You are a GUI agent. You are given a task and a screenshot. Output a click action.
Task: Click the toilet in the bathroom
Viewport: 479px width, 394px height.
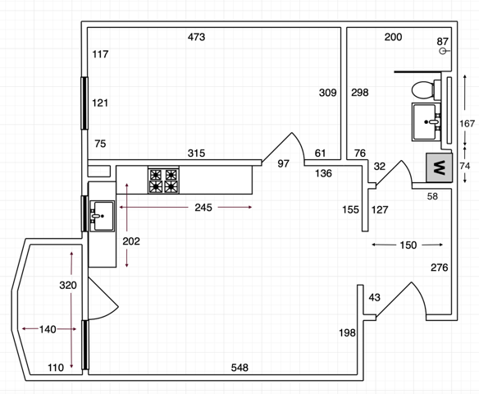(x=426, y=89)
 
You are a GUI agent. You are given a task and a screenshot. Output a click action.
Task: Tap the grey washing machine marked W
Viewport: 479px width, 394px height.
(x=440, y=167)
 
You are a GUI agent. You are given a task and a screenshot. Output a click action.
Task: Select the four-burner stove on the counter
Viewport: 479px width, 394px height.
(x=163, y=180)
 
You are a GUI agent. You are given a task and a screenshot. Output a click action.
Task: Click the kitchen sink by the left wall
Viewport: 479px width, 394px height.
(x=102, y=216)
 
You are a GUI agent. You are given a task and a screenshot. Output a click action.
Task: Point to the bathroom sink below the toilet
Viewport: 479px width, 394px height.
(x=427, y=121)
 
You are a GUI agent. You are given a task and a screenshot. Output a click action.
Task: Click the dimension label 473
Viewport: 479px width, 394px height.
(x=196, y=37)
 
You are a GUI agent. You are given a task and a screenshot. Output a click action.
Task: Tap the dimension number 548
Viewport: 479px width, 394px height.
(x=239, y=368)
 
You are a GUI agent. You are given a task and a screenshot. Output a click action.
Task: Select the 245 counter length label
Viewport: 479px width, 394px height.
(x=203, y=208)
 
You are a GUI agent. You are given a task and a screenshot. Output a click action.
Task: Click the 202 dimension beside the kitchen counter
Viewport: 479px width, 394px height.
(x=131, y=241)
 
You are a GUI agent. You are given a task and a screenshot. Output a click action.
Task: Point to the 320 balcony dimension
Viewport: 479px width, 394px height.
(x=68, y=285)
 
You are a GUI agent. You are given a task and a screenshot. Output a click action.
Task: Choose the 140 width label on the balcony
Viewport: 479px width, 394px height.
(x=48, y=329)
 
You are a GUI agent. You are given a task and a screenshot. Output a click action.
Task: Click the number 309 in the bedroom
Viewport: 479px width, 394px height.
(x=328, y=93)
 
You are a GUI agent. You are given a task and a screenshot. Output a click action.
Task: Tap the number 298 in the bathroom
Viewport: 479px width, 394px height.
(x=360, y=92)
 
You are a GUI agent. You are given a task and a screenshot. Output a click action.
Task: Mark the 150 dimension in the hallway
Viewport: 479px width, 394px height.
(x=408, y=245)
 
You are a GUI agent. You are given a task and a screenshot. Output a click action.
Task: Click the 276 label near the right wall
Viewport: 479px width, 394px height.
(x=440, y=268)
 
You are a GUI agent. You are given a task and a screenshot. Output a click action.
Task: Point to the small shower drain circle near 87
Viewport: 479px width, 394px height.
(x=442, y=51)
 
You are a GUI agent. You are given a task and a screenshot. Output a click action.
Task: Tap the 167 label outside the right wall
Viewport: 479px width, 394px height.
(x=467, y=123)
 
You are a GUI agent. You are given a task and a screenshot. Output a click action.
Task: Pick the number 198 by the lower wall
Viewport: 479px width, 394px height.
(x=347, y=332)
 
